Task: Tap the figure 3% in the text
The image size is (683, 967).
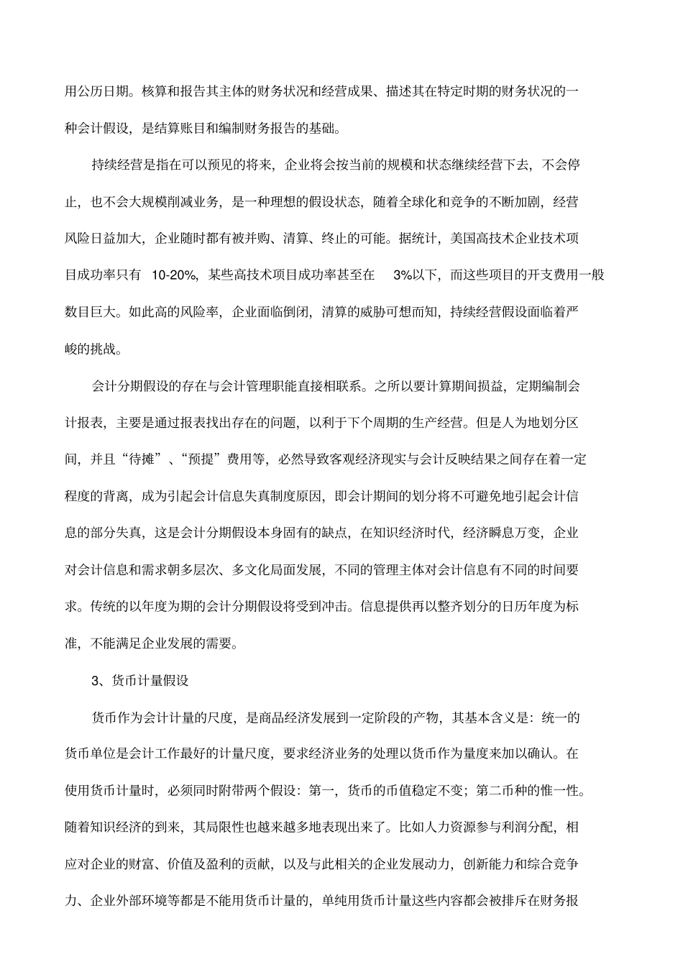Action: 401,275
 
